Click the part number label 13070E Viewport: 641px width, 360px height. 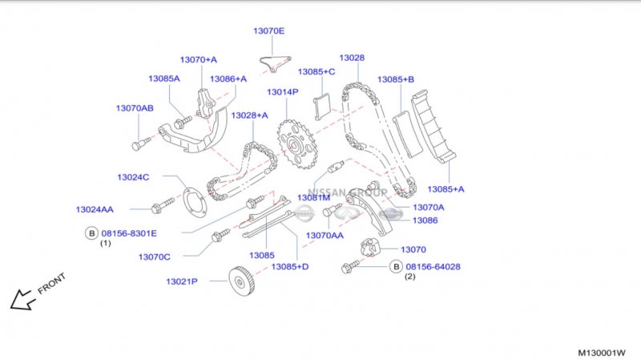268,31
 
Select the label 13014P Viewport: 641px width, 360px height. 282,92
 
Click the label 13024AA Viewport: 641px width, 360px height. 95,209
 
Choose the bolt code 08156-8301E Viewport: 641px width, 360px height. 129,233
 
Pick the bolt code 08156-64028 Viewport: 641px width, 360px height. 433,266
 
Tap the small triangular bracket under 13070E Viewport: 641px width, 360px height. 275,63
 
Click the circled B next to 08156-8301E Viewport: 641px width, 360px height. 91,233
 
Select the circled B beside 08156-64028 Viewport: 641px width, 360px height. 395,266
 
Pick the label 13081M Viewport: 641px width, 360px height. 314,197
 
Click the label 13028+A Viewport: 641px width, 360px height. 249,115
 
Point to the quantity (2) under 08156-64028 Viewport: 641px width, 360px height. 409,277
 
